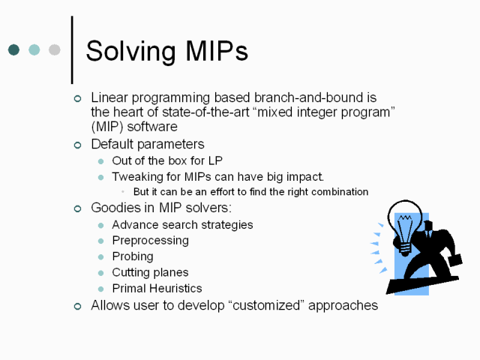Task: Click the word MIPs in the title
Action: pos(217,51)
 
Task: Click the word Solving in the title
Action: pos(130,52)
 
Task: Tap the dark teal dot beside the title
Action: pos(13,49)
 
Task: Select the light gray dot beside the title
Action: pos(55,49)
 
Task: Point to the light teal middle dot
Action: pos(34,49)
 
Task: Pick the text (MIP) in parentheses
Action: pos(106,127)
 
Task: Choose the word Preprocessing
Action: pos(150,241)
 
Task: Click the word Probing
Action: pos(133,256)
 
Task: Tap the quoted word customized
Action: pos(266,305)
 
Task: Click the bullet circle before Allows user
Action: pos(78,307)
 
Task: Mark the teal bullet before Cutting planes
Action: pos(100,273)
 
